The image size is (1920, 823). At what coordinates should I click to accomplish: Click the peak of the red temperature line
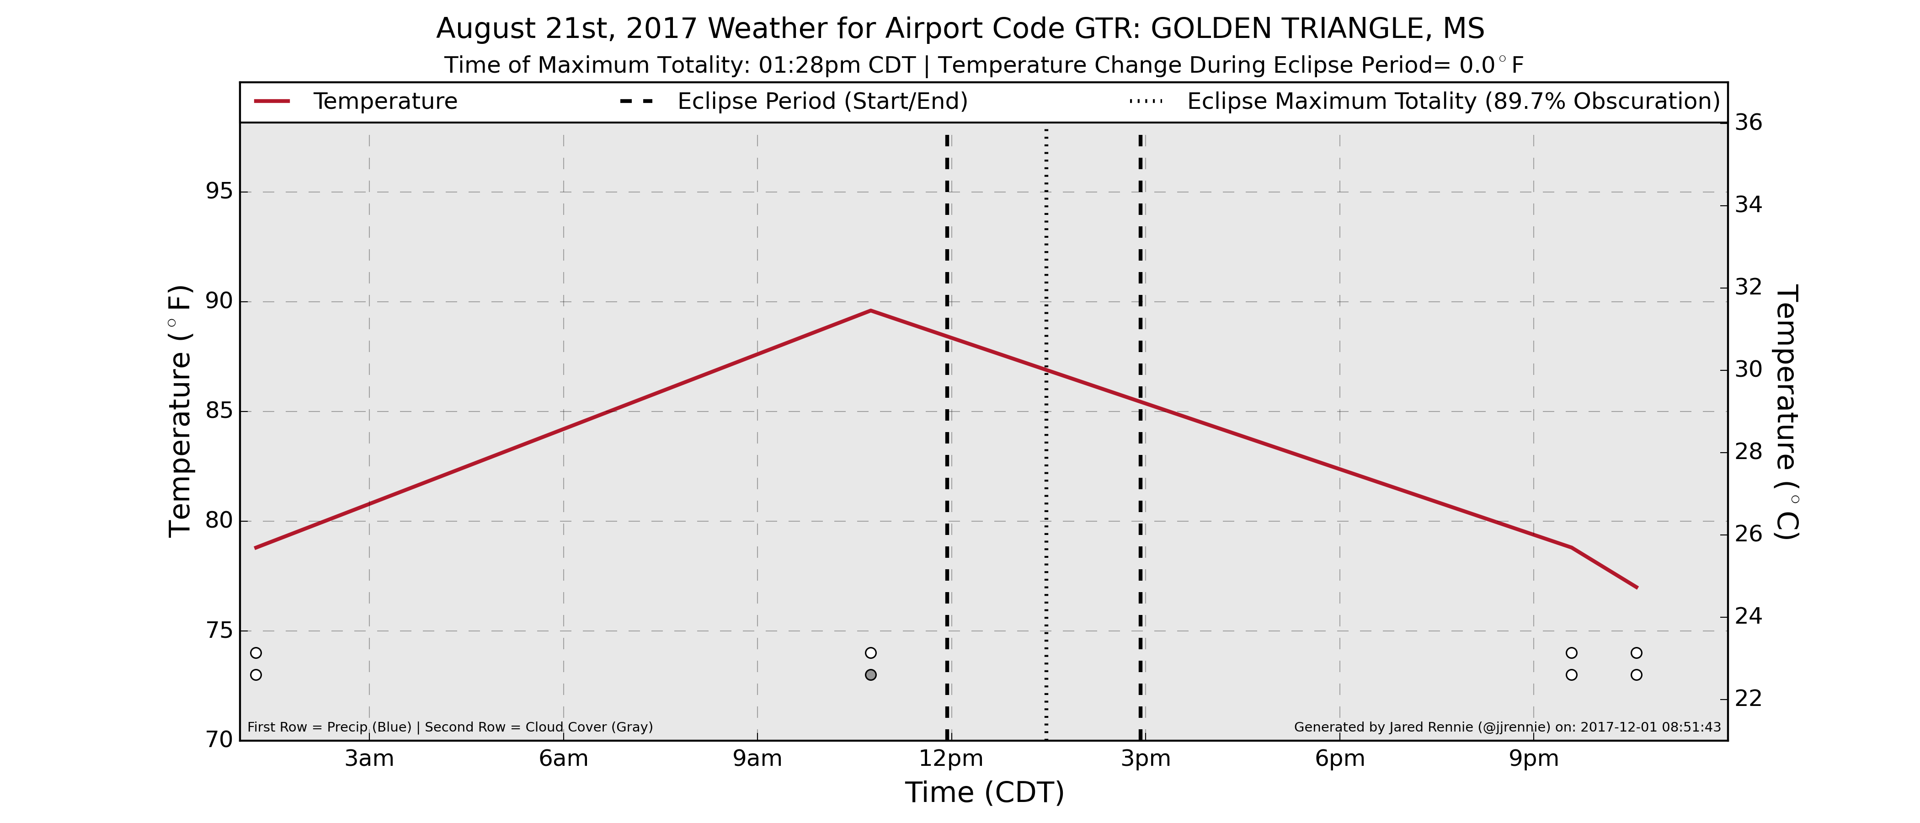(870, 310)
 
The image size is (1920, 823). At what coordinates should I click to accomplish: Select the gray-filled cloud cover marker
(870, 675)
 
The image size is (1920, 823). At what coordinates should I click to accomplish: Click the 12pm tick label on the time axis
(951, 759)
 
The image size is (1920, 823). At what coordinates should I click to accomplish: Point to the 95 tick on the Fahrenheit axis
(219, 192)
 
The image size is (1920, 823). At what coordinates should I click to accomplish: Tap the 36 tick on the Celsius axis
(1749, 122)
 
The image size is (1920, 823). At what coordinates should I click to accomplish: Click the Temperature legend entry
(356, 102)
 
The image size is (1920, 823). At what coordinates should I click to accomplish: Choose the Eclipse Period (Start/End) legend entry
(794, 102)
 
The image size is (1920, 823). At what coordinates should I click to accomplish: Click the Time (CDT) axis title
(985, 792)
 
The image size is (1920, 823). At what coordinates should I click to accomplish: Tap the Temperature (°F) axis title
(180, 411)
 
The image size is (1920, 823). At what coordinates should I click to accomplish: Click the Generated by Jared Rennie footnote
(1508, 727)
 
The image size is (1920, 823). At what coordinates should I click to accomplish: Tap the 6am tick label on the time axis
(564, 759)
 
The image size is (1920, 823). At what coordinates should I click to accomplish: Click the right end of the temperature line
(1637, 588)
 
